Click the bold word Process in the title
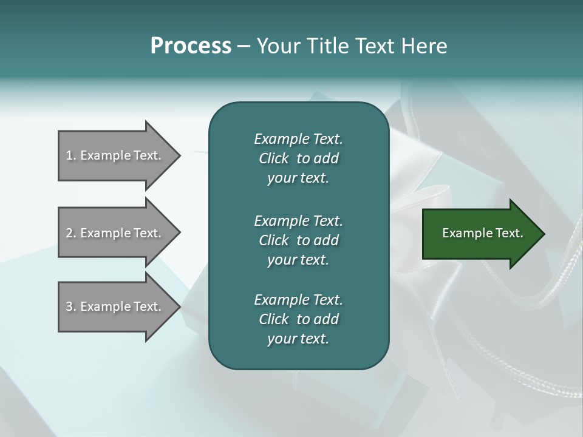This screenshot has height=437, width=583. point(191,46)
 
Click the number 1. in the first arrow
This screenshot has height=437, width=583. point(71,155)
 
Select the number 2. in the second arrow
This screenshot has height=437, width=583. point(71,233)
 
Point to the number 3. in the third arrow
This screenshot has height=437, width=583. point(71,307)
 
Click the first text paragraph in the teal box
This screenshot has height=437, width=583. point(298,158)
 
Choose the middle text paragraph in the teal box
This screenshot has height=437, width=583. point(298,240)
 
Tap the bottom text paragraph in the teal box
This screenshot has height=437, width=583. point(298,319)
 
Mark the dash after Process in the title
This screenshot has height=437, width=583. point(244,46)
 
